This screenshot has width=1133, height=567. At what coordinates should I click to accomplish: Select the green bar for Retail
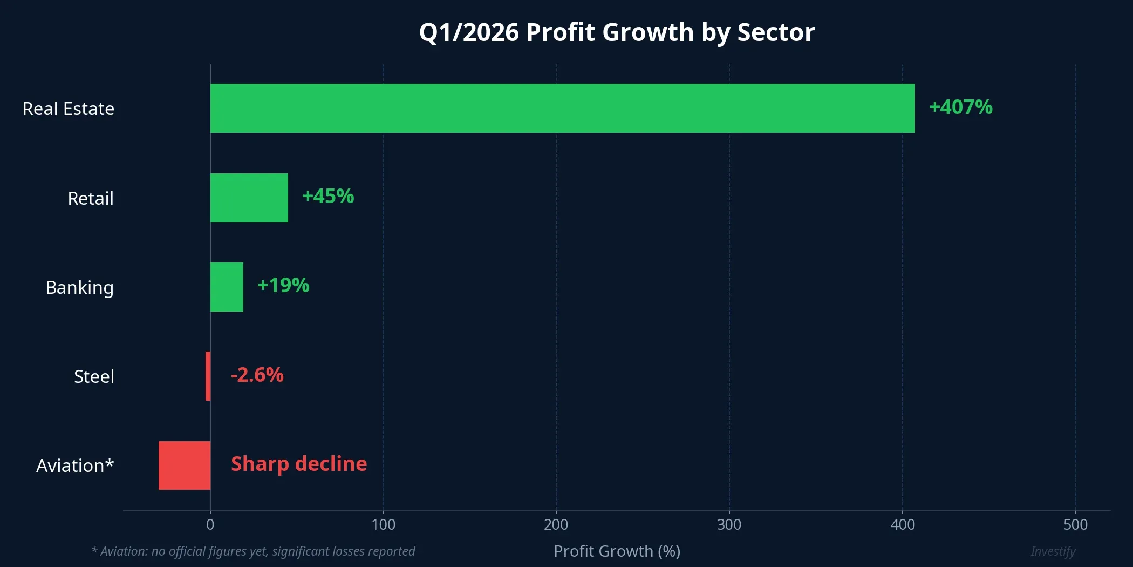(249, 198)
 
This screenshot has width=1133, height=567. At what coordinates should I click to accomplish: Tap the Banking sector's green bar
(227, 287)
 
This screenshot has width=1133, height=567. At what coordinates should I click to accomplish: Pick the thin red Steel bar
(208, 376)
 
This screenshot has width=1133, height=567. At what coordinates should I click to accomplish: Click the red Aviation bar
(184, 465)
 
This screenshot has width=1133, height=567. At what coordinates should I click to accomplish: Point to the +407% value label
(960, 107)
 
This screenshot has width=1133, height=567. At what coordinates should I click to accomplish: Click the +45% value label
(328, 196)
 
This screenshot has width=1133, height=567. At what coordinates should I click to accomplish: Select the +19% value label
(283, 285)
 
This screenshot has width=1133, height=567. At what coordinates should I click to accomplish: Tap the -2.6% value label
(257, 375)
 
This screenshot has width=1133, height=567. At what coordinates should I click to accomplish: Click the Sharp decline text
(299, 464)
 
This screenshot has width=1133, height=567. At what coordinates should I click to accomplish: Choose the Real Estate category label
(69, 109)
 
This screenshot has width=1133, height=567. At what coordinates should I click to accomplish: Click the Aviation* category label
(75, 465)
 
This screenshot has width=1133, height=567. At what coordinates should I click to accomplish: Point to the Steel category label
(94, 376)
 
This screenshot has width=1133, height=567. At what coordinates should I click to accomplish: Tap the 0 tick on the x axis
(210, 524)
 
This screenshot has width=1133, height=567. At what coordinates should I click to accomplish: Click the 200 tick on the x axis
(556, 524)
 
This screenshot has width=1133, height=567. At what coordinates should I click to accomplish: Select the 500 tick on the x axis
(1075, 524)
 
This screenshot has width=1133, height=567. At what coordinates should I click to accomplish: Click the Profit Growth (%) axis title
(617, 551)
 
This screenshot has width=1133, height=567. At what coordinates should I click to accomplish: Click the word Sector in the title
(776, 32)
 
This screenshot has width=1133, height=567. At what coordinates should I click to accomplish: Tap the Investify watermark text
(1053, 551)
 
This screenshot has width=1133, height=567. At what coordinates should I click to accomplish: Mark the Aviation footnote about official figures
(253, 551)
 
